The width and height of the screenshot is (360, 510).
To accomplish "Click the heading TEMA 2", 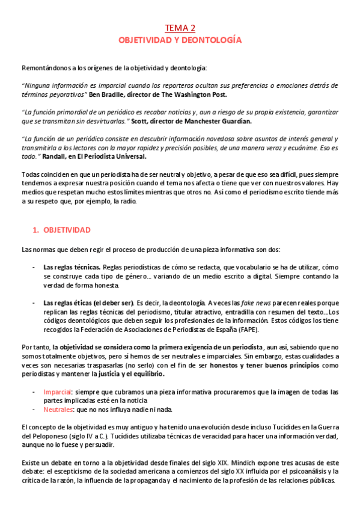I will pyautogui.click(x=180, y=28).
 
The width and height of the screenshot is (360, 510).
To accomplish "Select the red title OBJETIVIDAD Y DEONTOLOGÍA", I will pyautogui.click(x=180, y=40).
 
